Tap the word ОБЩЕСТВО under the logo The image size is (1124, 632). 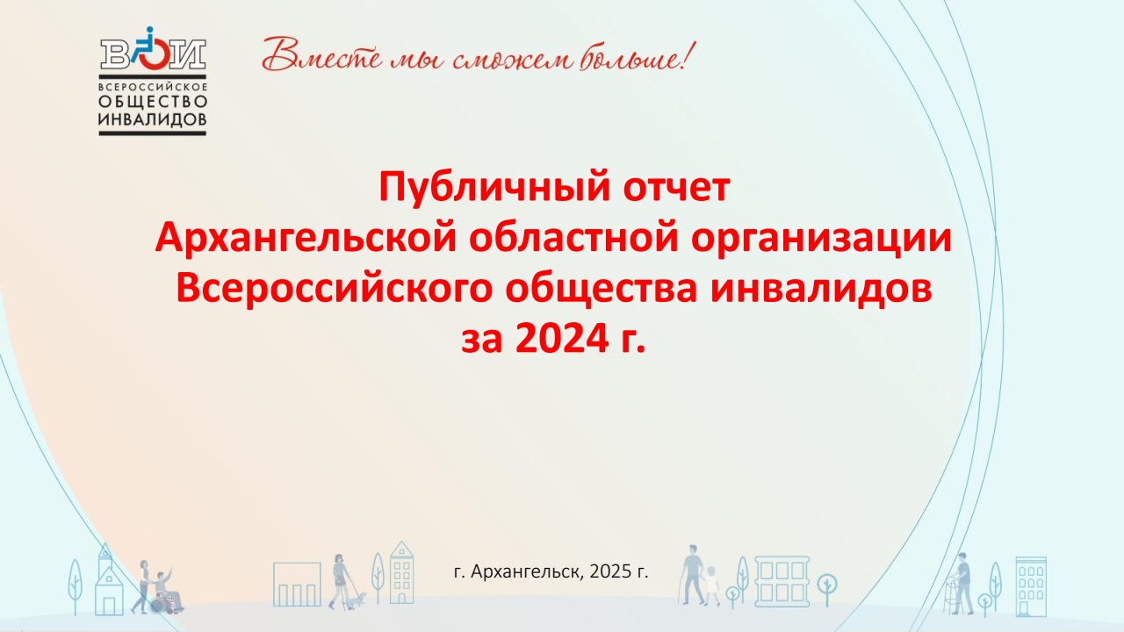(x=153, y=102)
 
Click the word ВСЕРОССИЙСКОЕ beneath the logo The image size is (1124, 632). (x=153, y=87)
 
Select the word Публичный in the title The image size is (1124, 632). (x=494, y=187)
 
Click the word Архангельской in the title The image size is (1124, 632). (x=306, y=238)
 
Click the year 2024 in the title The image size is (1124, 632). (x=562, y=339)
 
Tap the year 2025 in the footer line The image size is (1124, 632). (x=610, y=571)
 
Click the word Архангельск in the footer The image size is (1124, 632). (x=528, y=571)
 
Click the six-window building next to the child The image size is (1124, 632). (x=782, y=581)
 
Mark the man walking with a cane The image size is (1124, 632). (x=692, y=574)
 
